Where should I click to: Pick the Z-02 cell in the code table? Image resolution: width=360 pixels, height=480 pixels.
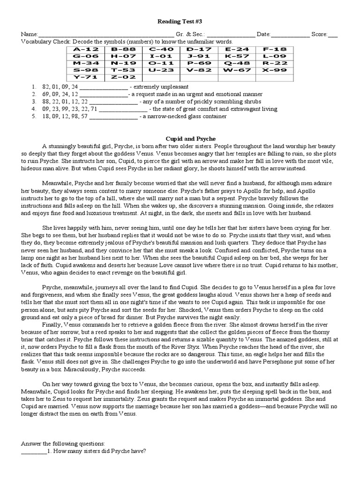tap(123, 77)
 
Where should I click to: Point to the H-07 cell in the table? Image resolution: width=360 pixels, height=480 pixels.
tap(123, 56)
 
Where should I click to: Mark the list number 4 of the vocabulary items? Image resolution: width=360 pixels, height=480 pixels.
tap(33, 109)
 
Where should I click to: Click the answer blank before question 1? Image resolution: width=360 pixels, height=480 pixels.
tap(34, 451)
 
